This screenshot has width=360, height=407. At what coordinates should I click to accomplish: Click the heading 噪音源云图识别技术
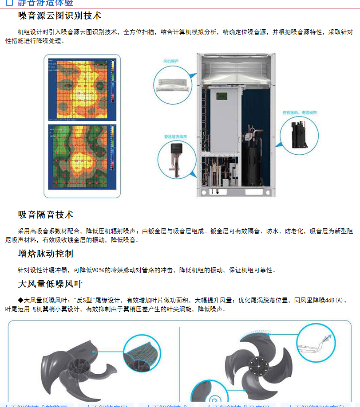60,16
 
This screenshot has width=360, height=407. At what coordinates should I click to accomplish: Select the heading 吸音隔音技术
46,215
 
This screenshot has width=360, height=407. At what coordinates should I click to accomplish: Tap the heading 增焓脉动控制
46,254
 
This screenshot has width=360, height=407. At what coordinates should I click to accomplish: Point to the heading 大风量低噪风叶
50,283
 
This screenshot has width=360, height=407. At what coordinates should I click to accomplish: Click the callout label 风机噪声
170,61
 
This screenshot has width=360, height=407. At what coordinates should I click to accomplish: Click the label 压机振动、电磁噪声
300,113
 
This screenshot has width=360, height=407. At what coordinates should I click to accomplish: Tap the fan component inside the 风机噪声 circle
171,84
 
